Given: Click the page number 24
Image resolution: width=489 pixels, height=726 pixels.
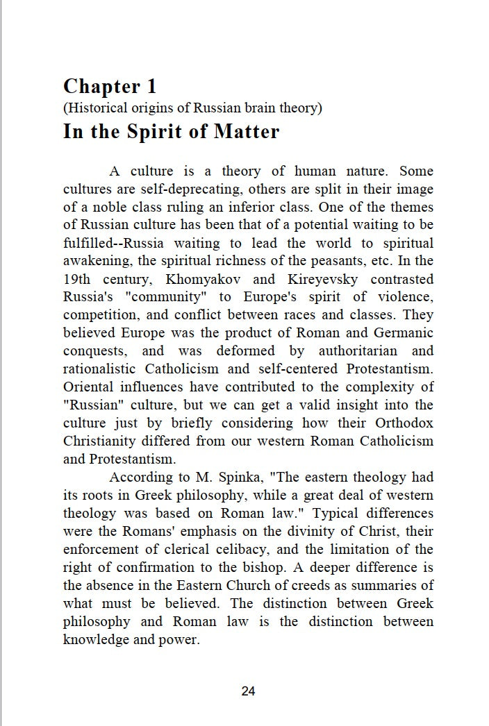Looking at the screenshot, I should (x=248, y=691).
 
